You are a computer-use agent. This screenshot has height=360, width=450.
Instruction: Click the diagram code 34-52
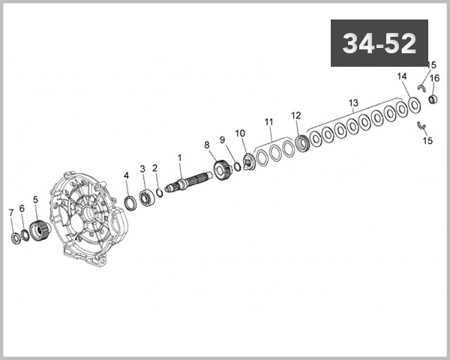[379, 43]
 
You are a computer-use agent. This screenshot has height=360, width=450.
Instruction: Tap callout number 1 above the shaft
[179, 157]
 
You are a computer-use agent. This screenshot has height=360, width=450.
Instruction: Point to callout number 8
[207, 145]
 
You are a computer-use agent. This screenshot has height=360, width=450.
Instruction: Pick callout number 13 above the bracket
[353, 102]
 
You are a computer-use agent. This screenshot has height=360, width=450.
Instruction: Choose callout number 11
[268, 121]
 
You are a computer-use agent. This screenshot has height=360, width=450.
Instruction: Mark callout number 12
[295, 115]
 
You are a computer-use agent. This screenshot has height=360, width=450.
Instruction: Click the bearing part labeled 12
[303, 141]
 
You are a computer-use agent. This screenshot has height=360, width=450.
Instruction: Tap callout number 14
[401, 76]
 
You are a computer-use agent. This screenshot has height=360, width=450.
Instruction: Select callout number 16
[434, 78]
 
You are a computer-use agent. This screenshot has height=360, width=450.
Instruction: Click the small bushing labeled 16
[433, 97]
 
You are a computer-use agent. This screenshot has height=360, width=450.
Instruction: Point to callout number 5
[34, 199]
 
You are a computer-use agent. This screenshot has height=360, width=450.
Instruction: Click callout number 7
[10, 212]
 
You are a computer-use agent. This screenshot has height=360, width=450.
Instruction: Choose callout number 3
[142, 169]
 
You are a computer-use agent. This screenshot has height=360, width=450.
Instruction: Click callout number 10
[240, 133]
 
